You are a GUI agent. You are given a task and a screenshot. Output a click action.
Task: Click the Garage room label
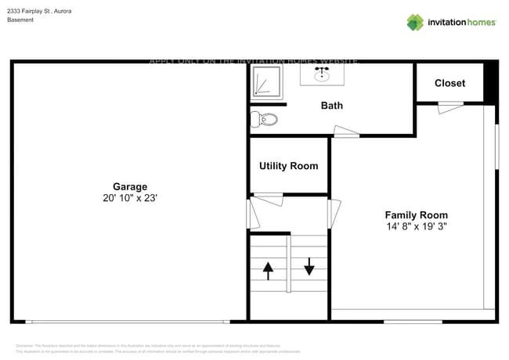[x=130, y=186]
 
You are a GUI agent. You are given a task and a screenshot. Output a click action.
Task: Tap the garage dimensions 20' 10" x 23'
[x=130, y=199]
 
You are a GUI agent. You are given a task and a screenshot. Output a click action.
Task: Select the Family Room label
[x=416, y=214]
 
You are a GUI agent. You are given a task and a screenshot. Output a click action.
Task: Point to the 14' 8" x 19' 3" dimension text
[x=416, y=227]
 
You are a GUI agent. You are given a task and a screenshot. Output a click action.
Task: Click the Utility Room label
[x=288, y=166]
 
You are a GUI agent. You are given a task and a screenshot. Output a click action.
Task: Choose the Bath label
[x=331, y=106]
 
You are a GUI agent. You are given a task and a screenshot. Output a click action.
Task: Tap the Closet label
[x=449, y=83]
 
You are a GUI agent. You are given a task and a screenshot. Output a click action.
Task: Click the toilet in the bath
[x=265, y=120]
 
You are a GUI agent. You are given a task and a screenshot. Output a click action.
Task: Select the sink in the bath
[x=321, y=75]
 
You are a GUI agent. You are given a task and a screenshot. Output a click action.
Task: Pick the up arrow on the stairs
[x=268, y=271]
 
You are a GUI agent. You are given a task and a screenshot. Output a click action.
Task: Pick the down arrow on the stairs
[x=309, y=267]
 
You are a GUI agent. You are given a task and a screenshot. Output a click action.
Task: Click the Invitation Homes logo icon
[x=415, y=22]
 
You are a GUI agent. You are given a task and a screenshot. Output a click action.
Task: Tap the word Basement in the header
[x=21, y=20]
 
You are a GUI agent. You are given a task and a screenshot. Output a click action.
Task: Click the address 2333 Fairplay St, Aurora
[x=39, y=10]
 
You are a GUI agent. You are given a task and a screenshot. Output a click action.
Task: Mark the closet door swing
[x=450, y=109]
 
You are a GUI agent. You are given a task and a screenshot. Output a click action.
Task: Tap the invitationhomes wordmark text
[x=461, y=22]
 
